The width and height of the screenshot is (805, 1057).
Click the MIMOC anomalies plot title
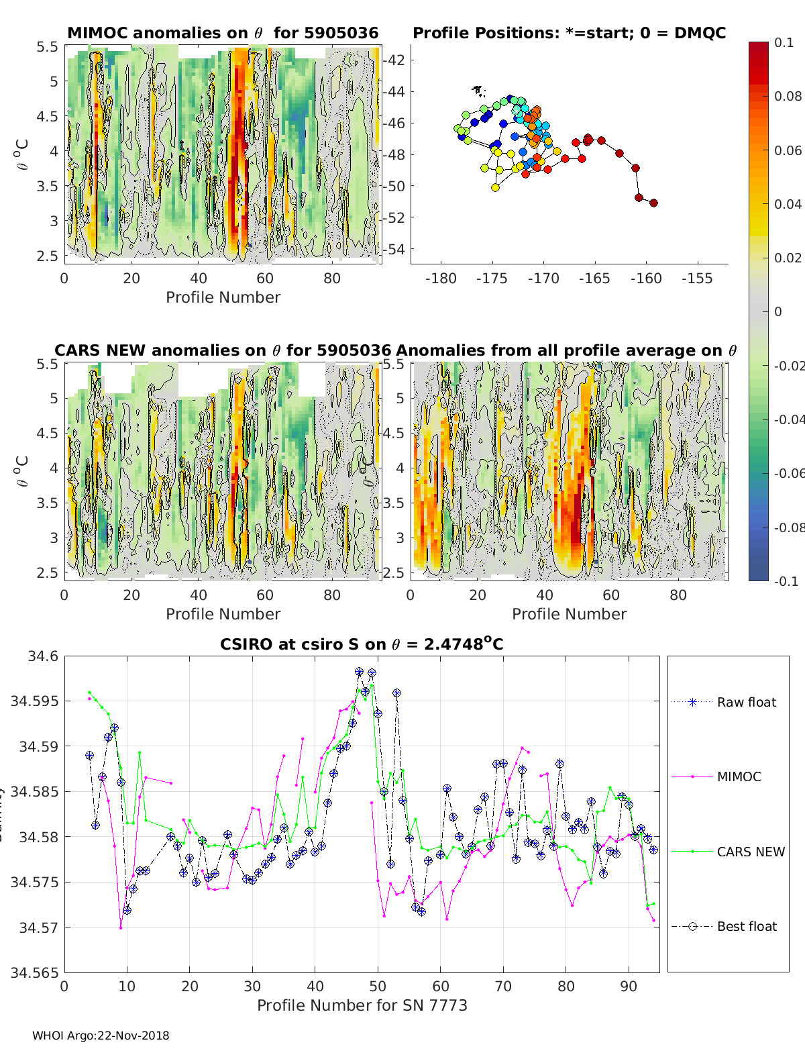click(223, 33)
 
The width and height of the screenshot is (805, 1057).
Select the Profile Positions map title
click(569, 33)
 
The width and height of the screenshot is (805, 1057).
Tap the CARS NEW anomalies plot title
click(223, 350)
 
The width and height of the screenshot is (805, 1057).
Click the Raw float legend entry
click(746, 702)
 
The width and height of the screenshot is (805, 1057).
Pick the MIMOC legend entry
click(739, 776)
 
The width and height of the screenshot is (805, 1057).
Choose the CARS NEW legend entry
click(750, 852)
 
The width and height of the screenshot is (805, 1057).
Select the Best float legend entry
click(746, 926)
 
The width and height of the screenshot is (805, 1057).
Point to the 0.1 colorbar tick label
click(784, 42)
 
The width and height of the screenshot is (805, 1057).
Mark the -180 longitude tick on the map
click(441, 279)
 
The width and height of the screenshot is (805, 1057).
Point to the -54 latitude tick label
click(394, 249)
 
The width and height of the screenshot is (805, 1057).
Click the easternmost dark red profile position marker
click(653, 203)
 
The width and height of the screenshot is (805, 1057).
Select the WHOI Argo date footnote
click(101, 1036)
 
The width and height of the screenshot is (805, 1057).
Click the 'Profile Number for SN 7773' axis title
click(362, 1005)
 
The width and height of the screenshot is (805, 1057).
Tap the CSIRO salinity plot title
click(362, 644)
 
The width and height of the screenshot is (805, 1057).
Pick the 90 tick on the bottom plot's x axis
click(629, 987)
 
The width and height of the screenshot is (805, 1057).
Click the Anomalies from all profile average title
click(566, 350)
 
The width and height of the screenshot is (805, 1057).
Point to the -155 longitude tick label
click(697, 279)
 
